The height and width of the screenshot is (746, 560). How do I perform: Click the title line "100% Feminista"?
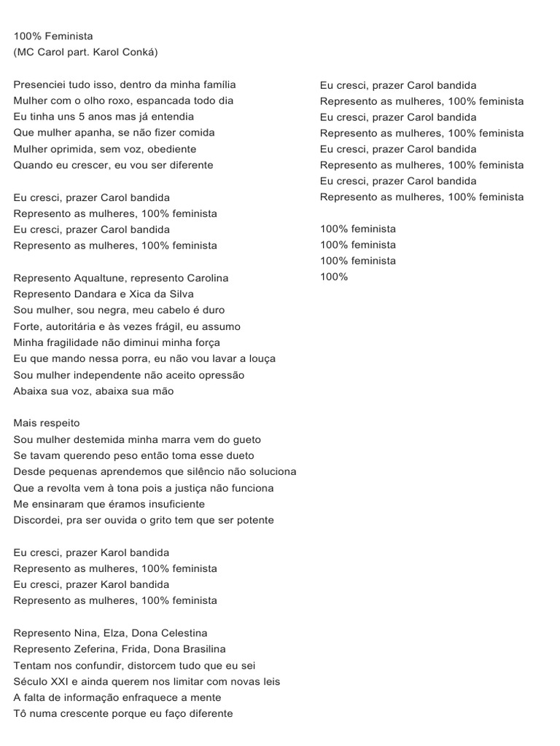[53, 36]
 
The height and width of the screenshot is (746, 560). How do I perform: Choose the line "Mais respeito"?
[47, 423]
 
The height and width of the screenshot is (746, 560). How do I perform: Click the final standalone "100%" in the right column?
[334, 277]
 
